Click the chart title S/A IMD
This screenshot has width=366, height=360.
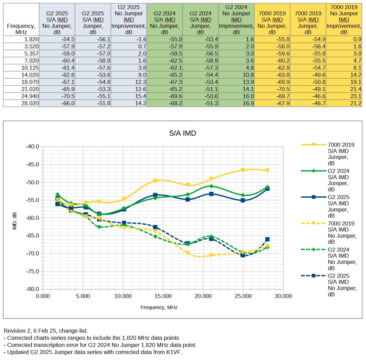[182, 133]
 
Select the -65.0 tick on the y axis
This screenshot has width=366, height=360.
[32, 236]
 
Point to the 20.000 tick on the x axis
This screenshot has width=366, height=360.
[203, 296]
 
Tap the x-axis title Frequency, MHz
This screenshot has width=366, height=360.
[159, 307]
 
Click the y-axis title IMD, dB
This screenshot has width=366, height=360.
[15, 221]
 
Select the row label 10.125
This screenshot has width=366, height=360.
[30, 68]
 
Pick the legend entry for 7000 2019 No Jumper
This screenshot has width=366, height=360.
[342, 232]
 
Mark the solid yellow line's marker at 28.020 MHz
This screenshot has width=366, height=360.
[267, 170]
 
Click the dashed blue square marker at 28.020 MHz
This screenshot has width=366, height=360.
[267, 239]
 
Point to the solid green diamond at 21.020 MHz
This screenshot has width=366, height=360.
[211, 186]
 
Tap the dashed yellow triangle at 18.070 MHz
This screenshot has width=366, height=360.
[188, 253]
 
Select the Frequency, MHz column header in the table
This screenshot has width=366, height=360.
[21, 29]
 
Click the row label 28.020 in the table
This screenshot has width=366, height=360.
[30, 103]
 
